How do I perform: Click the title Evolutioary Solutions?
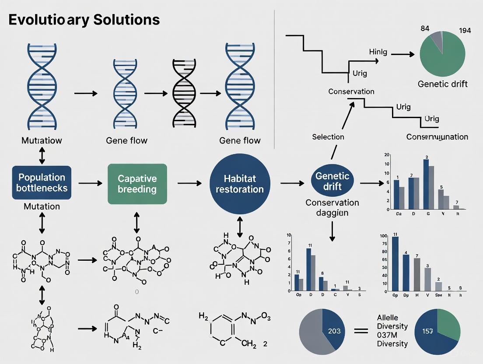[83, 20]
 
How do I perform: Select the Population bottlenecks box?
[42, 183]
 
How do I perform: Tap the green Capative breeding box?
[137, 184]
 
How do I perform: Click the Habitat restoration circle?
[237, 184]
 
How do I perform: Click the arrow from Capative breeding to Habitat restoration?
[189, 183]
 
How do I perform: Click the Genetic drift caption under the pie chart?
[442, 84]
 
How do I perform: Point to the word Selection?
[328, 137]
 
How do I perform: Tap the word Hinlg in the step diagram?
[378, 52]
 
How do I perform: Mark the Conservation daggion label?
[332, 208]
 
